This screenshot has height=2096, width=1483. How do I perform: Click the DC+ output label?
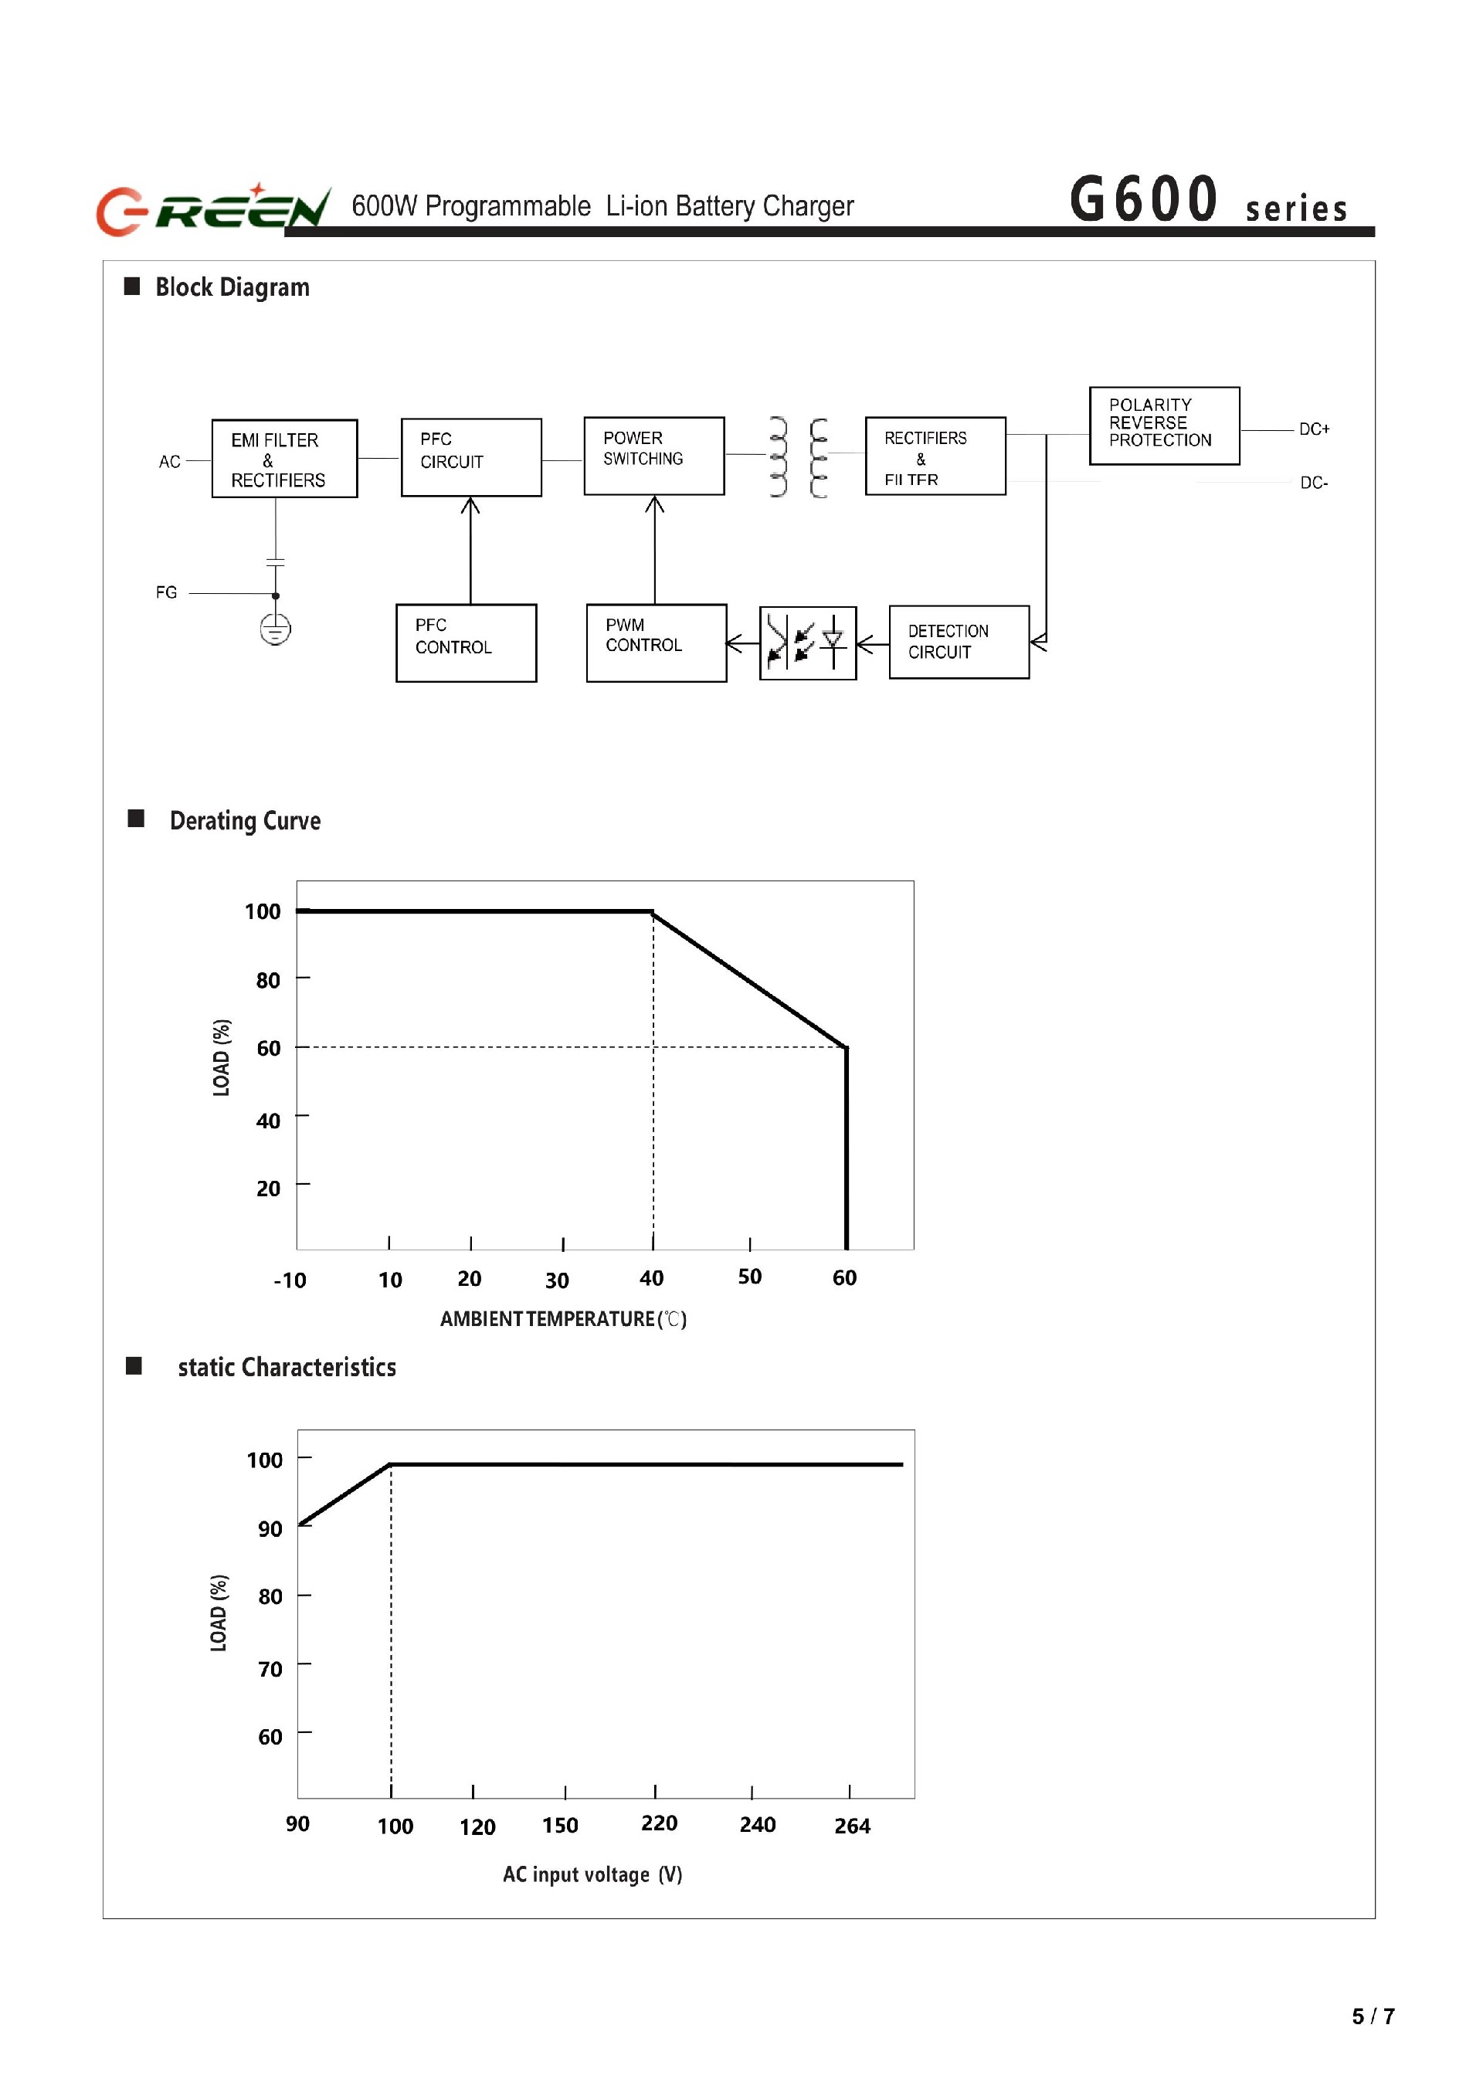click(x=1314, y=429)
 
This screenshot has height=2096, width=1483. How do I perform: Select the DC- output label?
click(x=1314, y=483)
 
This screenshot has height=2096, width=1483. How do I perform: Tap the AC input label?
click(x=170, y=462)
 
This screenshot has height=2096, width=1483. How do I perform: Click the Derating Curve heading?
click(x=245, y=821)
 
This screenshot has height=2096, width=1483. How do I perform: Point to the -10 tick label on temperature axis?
click(x=290, y=1280)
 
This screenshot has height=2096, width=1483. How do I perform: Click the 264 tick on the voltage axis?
click(x=852, y=1826)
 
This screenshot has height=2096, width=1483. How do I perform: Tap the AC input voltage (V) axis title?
click(x=592, y=1874)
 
